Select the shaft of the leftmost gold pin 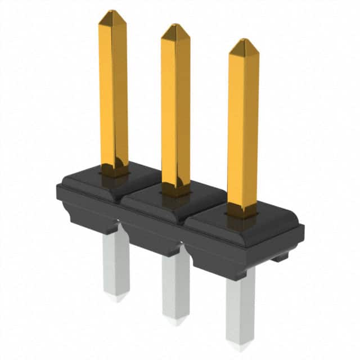[113, 90]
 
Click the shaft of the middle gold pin [175, 107]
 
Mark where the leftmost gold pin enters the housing [114, 169]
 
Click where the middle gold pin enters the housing [176, 190]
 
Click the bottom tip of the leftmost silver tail [117, 299]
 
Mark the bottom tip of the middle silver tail [175, 322]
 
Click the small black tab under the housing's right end [280, 258]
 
